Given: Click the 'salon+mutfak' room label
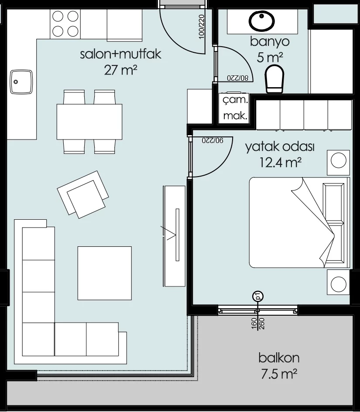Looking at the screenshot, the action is (x=121, y=54).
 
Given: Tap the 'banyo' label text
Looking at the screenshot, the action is (x=270, y=41).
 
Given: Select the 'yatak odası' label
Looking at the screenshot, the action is (x=280, y=147).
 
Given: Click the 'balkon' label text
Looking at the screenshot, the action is (x=279, y=358).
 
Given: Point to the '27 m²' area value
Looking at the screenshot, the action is (x=121, y=70).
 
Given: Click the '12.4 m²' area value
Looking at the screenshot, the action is (x=280, y=162).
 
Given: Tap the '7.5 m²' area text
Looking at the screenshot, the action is (x=279, y=374).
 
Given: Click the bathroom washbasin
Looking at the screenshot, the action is (x=262, y=21).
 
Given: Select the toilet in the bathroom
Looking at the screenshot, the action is (x=274, y=79).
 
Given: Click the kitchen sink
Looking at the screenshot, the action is (x=21, y=82).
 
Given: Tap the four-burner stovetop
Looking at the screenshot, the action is (x=65, y=24).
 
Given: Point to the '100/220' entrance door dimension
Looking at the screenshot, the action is (x=202, y=27).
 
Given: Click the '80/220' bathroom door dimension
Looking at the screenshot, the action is (x=238, y=78).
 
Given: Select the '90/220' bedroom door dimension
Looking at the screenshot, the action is (x=213, y=140).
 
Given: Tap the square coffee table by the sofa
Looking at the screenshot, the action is (x=105, y=273).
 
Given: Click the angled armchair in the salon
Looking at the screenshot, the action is (x=83, y=194).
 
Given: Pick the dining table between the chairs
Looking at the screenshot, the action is (x=89, y=122).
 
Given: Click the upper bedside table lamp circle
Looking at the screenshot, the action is (x=339, y=160).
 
